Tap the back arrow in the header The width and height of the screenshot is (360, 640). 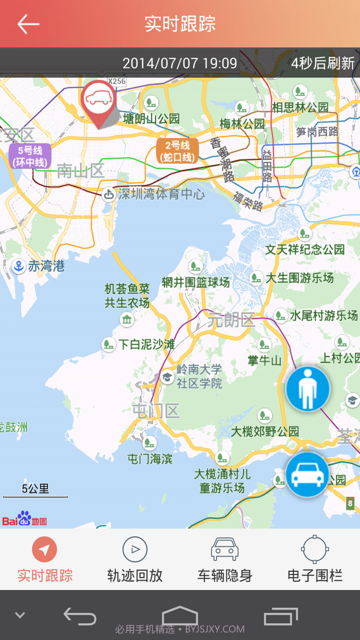28,23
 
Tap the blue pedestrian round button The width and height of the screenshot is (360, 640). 308,389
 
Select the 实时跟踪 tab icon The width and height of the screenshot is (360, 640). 44,550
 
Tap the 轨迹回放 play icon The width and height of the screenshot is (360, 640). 135,550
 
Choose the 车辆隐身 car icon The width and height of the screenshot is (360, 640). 224,549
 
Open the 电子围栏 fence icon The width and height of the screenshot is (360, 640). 315,549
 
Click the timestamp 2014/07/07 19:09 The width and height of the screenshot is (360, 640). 180,63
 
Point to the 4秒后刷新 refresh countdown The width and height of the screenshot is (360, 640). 323,63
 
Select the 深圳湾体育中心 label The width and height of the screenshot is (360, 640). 161,194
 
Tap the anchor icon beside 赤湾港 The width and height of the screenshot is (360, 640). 18,266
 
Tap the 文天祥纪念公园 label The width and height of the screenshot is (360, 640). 304,249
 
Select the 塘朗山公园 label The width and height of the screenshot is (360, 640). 151,118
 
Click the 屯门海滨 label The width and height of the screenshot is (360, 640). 150,458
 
